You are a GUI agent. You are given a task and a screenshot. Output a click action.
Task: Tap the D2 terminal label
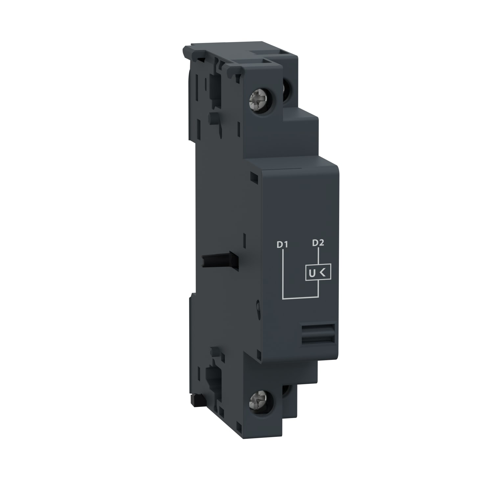pyautogui.click(x=318, y=243)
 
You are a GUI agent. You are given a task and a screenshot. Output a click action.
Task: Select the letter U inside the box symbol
pyautogui.click(x=311, y=273)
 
